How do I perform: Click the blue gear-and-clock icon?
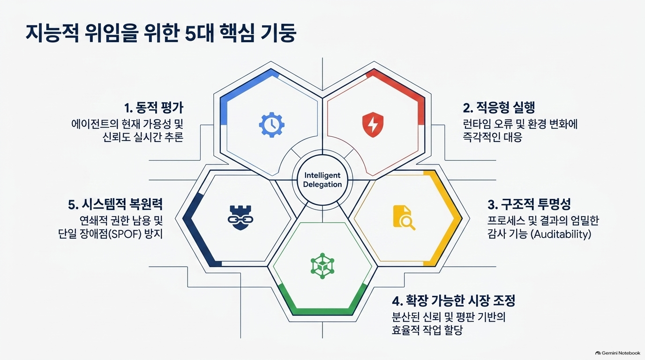271,125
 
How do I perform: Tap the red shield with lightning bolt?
373,125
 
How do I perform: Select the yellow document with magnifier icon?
404,217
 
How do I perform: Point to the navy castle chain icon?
240,217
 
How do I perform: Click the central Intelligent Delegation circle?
322,180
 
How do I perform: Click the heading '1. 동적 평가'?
154,108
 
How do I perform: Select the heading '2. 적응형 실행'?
499,108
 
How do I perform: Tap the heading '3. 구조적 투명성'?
529,204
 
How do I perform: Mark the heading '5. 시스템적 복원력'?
115,204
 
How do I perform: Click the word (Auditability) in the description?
561,234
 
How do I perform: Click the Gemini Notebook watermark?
618,353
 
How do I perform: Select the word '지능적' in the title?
52,34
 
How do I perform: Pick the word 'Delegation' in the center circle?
322,185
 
